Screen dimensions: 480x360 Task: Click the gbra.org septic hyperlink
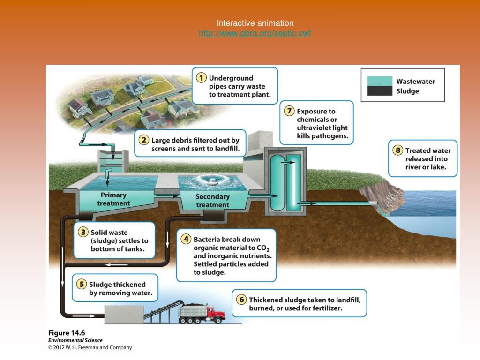coord(255,33)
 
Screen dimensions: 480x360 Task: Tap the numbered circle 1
coord(201,78)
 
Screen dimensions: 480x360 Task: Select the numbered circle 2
coord(143,140)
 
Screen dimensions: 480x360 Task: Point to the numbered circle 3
coord(83,232)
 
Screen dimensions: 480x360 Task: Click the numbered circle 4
coord(186,239)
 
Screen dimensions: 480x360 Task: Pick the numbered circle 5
coord(82,284)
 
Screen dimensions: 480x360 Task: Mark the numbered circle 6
coord(241,300)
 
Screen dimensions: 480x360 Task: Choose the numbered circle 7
coord(289,111)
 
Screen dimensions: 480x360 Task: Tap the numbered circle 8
coord(397,150)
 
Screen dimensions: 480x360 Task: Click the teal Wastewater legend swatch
coord(380,81)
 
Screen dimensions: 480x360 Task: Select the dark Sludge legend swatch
coord(380,91)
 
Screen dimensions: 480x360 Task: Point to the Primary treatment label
coord(113,199)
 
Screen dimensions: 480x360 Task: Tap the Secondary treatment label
coord(212,201)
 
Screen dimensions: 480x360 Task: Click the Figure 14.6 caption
coord(67,333)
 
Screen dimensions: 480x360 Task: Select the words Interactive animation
coord(255,23)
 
